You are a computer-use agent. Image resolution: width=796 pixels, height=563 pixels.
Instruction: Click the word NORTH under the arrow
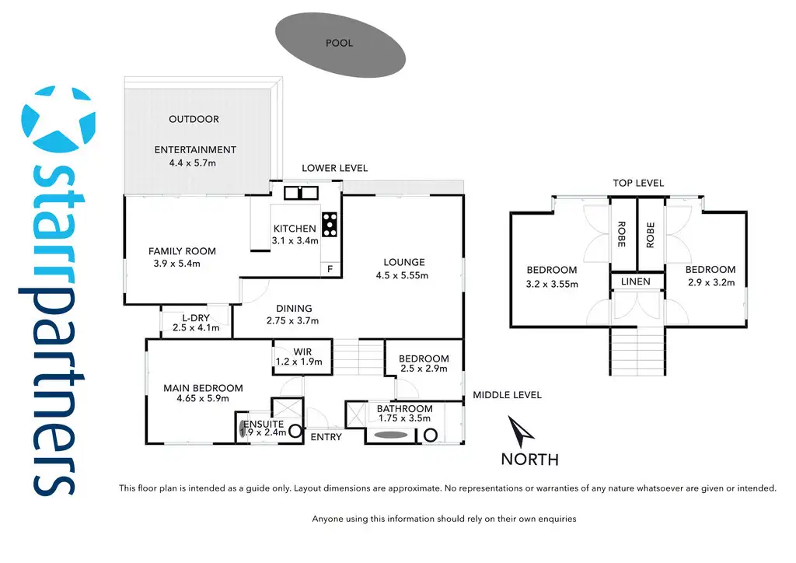coord(529,459)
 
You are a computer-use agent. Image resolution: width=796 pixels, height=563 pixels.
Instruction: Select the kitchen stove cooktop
coord(330,224)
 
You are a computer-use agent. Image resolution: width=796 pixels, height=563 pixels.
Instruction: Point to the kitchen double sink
coord(300,192)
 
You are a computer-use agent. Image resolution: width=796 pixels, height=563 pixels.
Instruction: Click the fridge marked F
coord(330,269)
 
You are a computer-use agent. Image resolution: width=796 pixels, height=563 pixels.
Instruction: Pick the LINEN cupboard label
coord(636,281)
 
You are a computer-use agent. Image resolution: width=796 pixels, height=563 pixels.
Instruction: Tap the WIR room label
coord(302,352)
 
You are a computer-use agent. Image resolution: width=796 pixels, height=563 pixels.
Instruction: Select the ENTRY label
coord(326,437)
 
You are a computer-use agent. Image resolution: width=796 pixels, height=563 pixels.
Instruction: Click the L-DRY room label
coord(196,317)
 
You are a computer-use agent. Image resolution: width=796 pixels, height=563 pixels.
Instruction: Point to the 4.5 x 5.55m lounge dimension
coord(403,275)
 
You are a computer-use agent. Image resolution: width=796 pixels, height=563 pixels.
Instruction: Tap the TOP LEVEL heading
coord(638,183)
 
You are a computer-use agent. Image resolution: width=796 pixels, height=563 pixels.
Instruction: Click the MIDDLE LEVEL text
coord(507,395)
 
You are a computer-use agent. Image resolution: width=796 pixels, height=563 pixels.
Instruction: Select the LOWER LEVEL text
coord(334,168)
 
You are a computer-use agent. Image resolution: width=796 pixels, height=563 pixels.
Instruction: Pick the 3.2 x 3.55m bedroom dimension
coord(553,284)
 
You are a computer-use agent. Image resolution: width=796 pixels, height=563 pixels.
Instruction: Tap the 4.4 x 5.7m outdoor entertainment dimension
coord(195,163)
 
